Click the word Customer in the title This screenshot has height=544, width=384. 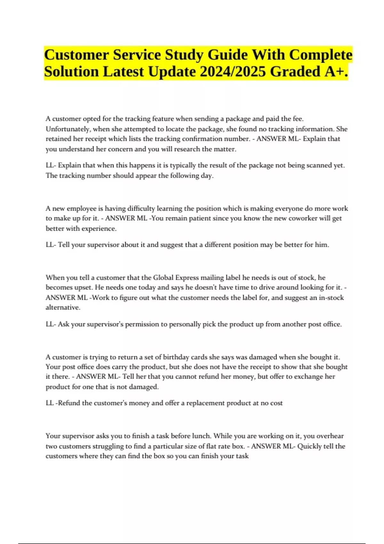point(76,55)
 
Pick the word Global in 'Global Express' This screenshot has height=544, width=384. point(163,277)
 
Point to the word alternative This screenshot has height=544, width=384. point(63,308)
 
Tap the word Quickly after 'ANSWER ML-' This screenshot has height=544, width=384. point(310,446)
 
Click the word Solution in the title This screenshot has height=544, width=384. point(71,72)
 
